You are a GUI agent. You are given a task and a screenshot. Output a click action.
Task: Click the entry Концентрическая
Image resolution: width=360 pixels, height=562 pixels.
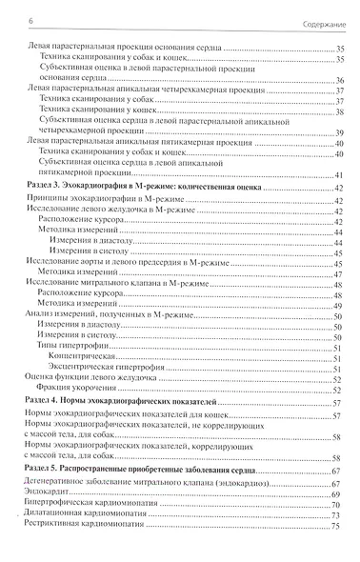tap(102, 349)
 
